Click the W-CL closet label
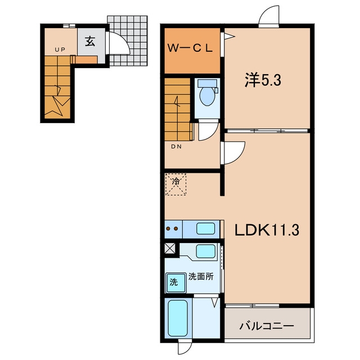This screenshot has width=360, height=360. (x=190, y=48)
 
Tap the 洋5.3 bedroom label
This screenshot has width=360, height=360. (x=263, y=80)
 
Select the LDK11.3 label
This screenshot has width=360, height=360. (x=267, y=230)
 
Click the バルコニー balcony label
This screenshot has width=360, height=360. (x=267, y=326)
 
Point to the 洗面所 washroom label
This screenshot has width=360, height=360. (x=201, y=276)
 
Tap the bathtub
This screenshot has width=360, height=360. (x=178, y=318)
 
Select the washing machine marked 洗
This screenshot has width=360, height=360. (x=176, y=283)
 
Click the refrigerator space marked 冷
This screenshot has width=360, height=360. (x=176, y=184)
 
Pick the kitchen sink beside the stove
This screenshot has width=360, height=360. (x=206, y=229)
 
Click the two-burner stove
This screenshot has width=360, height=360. (x=173, y=229)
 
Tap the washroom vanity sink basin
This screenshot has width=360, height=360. (x=206, y=251)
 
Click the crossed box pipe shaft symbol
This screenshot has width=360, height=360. (x=170, y=249)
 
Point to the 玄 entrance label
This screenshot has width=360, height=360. (x=90, y=41)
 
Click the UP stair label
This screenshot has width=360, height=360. (x=60, y=49)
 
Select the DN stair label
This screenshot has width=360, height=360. (x=176, y=146)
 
